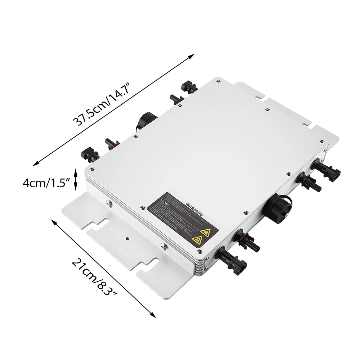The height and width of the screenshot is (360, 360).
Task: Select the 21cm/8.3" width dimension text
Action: point(95,277)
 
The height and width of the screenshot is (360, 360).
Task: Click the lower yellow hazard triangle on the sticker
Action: point(197,240)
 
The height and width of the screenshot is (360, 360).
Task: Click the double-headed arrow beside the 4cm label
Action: point(76,179)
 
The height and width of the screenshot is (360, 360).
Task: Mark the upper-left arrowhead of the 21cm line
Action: point(54,221)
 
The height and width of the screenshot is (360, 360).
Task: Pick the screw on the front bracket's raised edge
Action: point(163,247)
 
